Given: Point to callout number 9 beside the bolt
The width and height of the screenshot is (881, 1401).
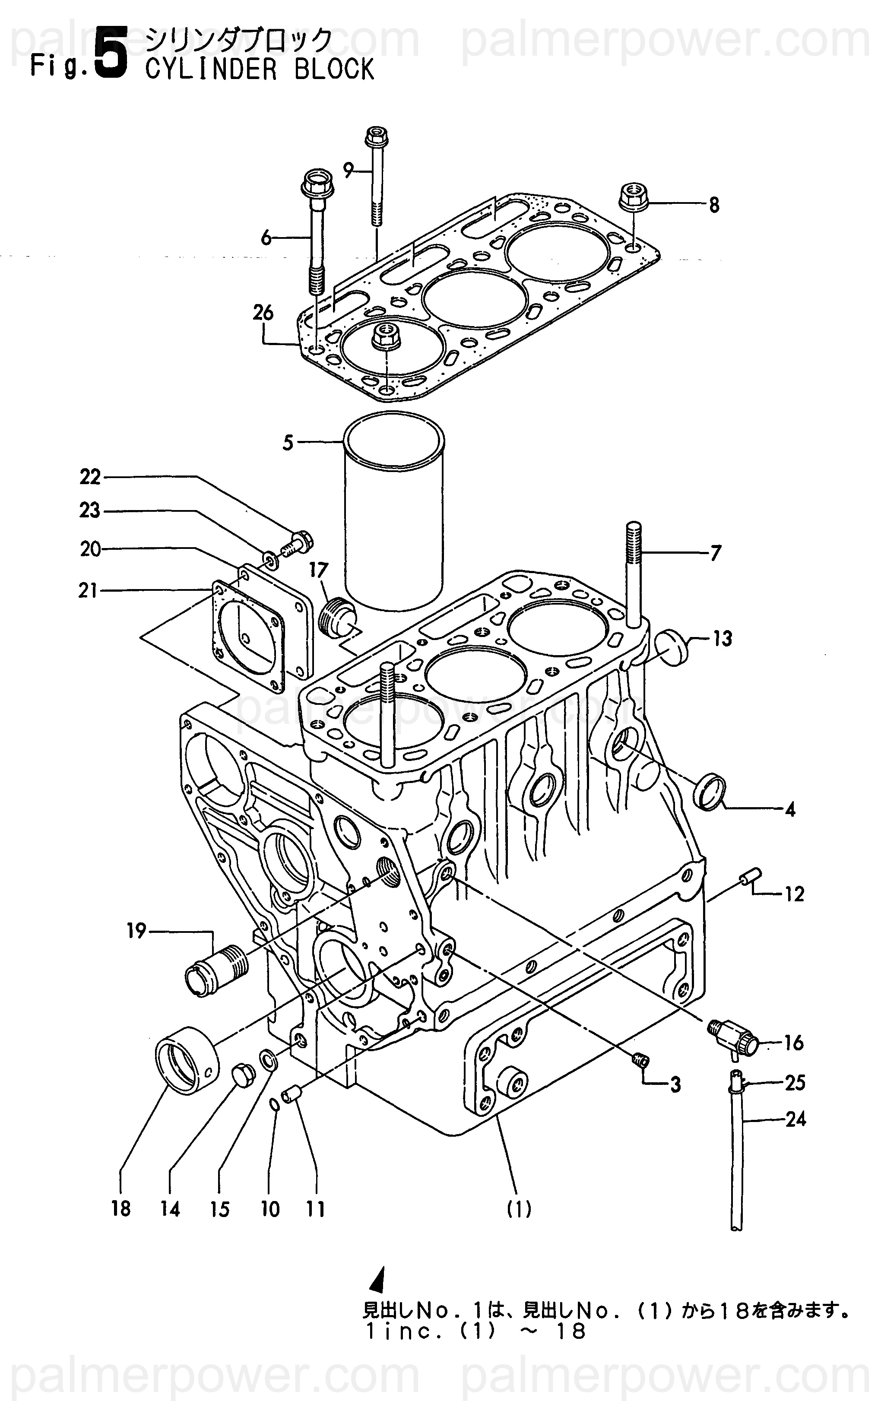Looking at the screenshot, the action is click(348, 171).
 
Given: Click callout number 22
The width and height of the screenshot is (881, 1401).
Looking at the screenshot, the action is click(90, 477).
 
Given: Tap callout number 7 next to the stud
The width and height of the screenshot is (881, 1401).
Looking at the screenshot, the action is click(715, 553).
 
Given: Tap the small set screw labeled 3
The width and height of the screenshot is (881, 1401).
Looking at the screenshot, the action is click(640, 1060).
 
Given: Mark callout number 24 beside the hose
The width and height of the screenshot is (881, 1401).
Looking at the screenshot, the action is click(795, 1119).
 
